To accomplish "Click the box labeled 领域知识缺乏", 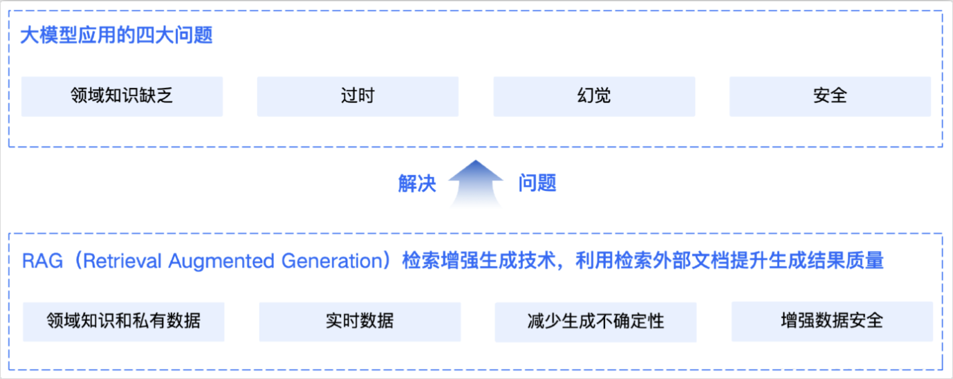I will (x=122, y=96).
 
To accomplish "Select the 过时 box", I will (x=358, y=96).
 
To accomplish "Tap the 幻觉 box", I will (x=594, y=96).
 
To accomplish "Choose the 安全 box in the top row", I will (x=830, y=96).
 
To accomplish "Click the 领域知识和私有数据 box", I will (x=124, y=321).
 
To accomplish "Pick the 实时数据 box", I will (x=360, y=321).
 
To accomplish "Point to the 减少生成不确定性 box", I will (x=595, y=322).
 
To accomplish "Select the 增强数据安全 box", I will (x=832, y=321).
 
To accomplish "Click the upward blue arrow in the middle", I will (x=476, y=183).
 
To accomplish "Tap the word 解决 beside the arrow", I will (x=417, y=184).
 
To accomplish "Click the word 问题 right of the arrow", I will (x=537, y=184).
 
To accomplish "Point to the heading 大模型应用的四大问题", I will (x=116, y=35).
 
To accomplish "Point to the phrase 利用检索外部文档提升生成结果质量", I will (x=730, y=261).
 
